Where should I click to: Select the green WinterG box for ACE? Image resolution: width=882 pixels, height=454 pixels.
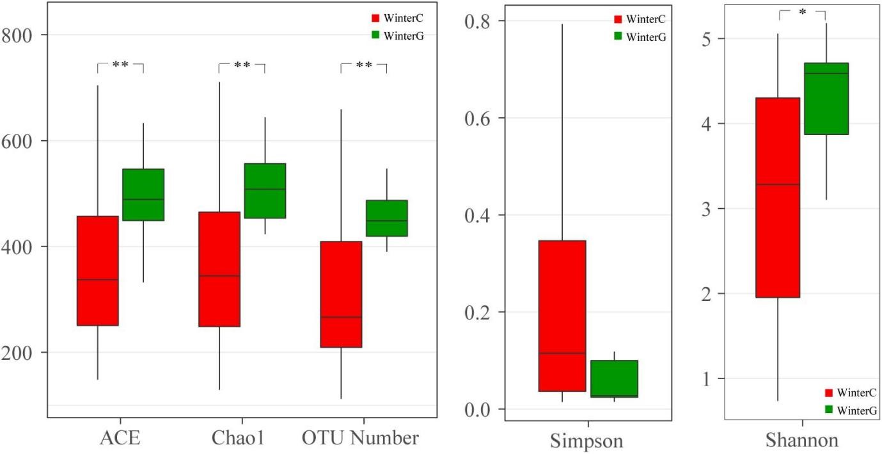click(143, 195)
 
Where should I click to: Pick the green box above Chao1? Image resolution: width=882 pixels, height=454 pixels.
click(265, 191)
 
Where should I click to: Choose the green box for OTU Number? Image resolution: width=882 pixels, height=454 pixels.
click(386, 218)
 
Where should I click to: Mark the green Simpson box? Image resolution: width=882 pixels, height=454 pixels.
click(615, 378)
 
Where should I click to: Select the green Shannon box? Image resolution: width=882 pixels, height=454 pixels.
click(825, 99)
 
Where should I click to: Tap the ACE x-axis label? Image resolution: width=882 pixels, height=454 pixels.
click(120, 439)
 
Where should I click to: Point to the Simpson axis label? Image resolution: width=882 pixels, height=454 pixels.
click(588, 441)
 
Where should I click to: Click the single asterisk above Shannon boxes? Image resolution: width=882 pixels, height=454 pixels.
click(802, 12)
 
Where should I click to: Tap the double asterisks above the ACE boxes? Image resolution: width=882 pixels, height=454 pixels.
click(120, 65)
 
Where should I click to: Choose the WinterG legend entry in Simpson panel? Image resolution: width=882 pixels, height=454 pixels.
click(640, 36)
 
